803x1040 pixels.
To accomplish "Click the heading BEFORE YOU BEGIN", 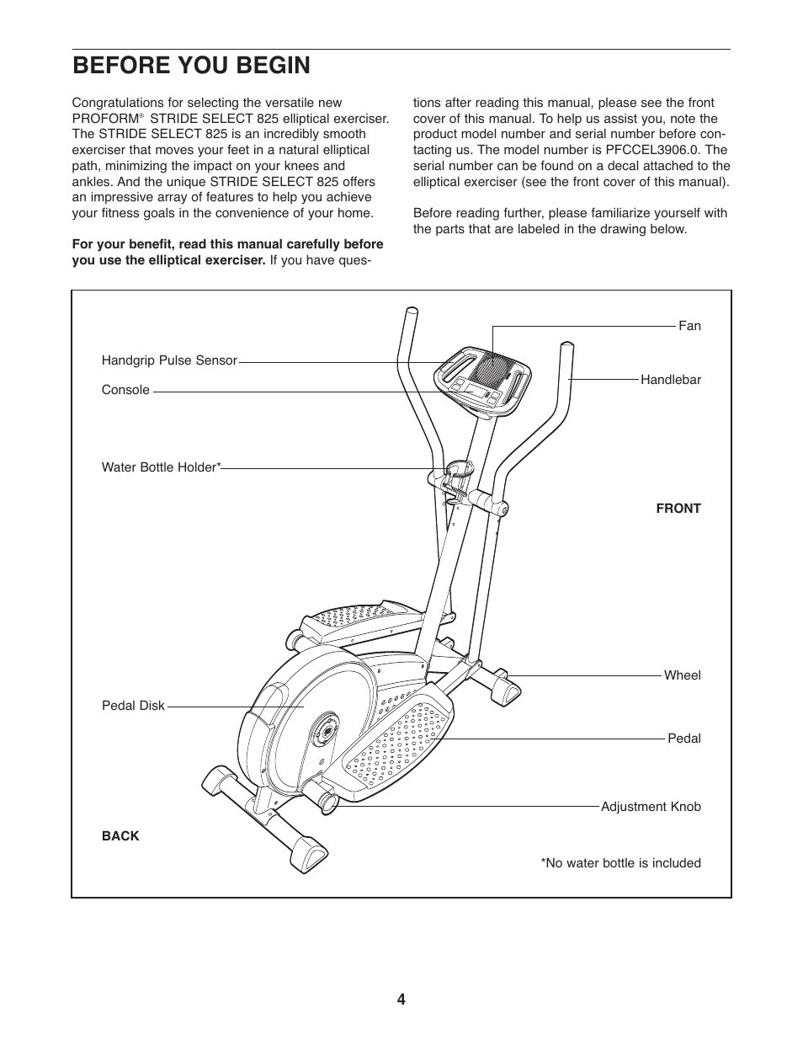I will pos(191,66).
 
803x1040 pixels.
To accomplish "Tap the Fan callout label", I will pos(689,326).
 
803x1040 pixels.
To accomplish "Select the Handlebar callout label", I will pos(670,380).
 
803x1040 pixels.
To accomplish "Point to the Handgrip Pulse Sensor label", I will pos(169,360).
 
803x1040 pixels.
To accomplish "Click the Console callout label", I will pos(125,390).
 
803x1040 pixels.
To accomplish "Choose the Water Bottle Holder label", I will pos(161,467).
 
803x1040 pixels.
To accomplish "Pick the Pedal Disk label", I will pos(133,706).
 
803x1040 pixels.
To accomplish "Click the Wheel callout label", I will pos(682,675).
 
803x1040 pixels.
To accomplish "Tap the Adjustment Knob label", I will pos(650,807).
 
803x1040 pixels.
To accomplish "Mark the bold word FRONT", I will pos(678,509).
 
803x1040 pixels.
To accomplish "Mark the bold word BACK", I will pos(120,836).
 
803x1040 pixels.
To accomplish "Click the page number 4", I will pos(401,1000).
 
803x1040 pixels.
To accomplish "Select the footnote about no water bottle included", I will pos(620,863).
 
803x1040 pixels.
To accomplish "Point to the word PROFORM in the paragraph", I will pos(105,119).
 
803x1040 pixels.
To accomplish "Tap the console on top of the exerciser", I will pos(483,381).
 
